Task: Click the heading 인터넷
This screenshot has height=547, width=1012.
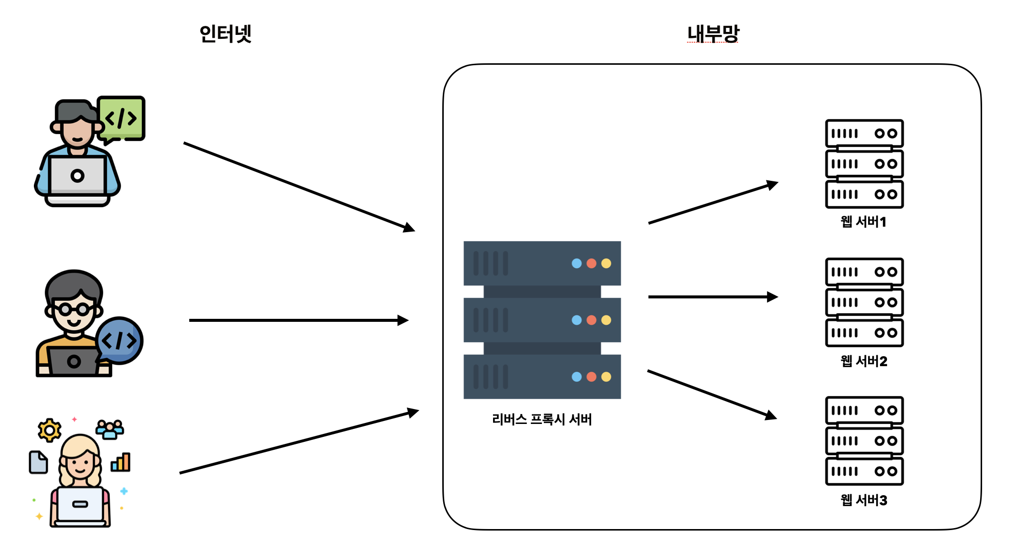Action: point(225,34)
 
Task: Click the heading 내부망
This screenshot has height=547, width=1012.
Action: point(713,34)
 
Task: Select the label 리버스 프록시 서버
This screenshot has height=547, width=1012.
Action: point(542,419)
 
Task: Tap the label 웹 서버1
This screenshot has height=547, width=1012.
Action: point(864,222)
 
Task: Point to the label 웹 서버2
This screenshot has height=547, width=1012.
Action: point(864,361)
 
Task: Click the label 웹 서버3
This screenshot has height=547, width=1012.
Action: point(864,500)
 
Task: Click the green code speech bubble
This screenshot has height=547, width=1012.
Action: point(122,118)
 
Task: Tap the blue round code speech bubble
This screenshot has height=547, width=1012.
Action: point(120,340)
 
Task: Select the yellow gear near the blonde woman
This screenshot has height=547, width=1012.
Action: point(49,430)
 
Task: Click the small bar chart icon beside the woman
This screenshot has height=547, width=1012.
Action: point(121,462)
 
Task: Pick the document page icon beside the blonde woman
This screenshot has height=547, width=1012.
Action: point(38,462)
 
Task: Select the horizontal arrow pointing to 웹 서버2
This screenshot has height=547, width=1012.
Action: point(712,297)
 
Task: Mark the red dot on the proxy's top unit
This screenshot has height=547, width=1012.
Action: point(591,263)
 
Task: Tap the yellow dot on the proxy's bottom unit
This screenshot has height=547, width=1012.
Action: point(606,377)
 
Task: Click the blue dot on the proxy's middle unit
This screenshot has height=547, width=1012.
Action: point(577,320)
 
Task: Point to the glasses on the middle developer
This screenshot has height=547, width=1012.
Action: point(74,309)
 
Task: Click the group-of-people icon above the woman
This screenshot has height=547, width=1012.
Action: point(110,429)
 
